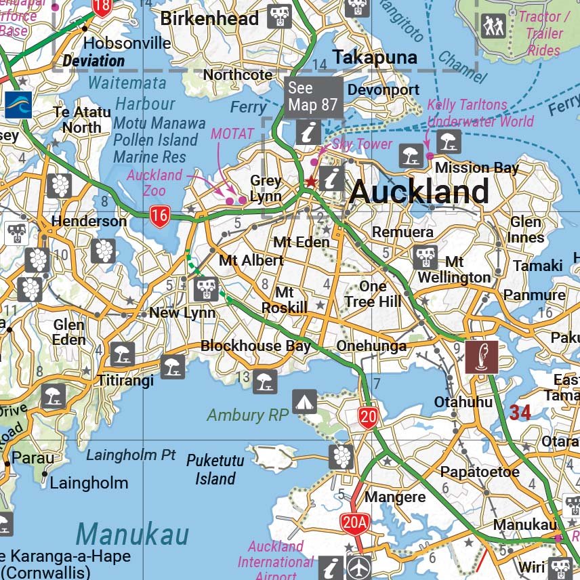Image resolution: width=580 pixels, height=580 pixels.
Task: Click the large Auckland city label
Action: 419,192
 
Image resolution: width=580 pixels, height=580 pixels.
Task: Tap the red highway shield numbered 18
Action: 102,7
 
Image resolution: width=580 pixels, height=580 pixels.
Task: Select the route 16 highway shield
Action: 159,217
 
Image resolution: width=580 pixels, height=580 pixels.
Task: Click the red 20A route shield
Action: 355,522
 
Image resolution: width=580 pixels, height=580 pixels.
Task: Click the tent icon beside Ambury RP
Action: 304,402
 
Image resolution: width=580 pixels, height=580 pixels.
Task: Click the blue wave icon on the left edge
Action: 18,105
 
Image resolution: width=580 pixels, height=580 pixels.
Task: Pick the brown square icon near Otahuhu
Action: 481,357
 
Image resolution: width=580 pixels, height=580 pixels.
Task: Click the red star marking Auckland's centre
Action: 310,182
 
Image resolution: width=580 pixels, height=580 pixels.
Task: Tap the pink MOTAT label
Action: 232,133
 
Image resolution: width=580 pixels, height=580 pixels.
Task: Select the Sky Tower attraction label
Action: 362,144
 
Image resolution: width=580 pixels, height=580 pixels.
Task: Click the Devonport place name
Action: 384,89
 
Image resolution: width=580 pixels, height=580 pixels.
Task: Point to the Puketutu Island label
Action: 215,470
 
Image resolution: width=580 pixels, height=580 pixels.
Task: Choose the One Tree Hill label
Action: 372,294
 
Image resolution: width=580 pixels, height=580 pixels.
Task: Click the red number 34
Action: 520,412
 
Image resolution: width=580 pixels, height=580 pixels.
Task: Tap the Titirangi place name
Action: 125,380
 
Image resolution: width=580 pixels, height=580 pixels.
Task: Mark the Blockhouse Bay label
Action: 255,346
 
